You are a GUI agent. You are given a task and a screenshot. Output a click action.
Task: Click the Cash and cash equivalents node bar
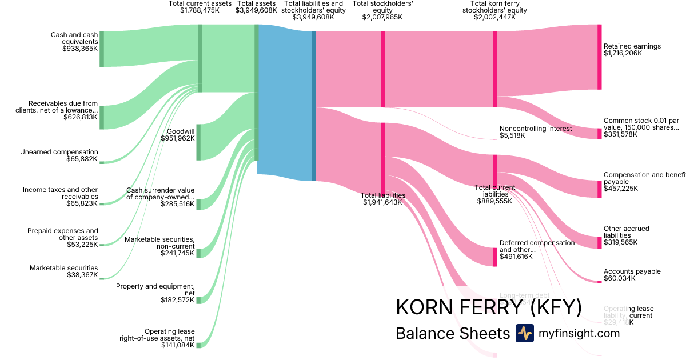(102, 49)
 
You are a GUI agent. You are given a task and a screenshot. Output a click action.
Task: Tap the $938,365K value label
(80, 49)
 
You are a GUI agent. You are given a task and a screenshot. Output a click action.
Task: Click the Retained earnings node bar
(599, 57)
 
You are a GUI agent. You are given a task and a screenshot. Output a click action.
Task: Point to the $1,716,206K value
(623, 53)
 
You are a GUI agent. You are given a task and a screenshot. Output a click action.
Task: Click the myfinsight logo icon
(524, 333)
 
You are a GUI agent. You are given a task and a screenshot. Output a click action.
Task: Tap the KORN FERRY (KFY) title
(488, 307)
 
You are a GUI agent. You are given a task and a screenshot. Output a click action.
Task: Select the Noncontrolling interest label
(536, 129)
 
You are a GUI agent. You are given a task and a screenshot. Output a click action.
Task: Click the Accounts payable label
(632, 271)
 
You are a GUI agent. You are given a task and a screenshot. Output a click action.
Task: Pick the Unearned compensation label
(59, 152)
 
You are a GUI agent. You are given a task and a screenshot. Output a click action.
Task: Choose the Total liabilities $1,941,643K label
(383, 199)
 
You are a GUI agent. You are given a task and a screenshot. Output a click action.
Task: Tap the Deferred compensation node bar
(495, 257)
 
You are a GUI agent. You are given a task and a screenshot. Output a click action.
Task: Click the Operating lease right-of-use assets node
(198, 345)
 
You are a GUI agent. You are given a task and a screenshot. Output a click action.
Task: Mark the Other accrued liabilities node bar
(599, 242)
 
